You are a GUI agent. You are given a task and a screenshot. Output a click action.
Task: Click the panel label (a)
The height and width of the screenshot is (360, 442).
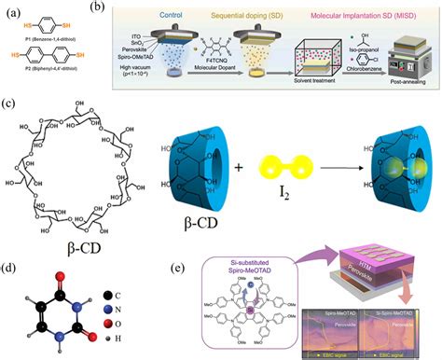click(x=13, y=12)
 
